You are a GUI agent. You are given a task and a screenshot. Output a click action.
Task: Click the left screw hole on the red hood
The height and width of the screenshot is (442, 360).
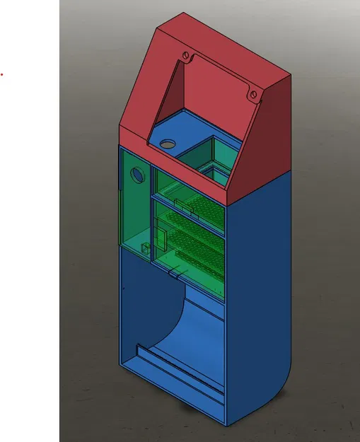[x=185, y=54]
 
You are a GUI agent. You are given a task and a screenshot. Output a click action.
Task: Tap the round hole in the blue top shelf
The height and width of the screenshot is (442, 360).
[x=167, y=144]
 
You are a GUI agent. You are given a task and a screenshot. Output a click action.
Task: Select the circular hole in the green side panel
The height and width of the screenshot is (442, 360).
[x=134, y=173]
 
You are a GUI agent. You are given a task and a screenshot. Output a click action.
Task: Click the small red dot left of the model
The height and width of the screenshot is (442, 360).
[x=1, y=73]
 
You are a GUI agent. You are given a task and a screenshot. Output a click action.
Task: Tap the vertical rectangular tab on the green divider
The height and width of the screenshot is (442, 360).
[x=159, y=238]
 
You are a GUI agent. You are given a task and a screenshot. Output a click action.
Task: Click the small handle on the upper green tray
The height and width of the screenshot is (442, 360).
[x=182, y=207]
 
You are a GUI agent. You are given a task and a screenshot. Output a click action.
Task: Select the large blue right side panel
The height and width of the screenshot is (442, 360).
[x=258, y=283]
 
